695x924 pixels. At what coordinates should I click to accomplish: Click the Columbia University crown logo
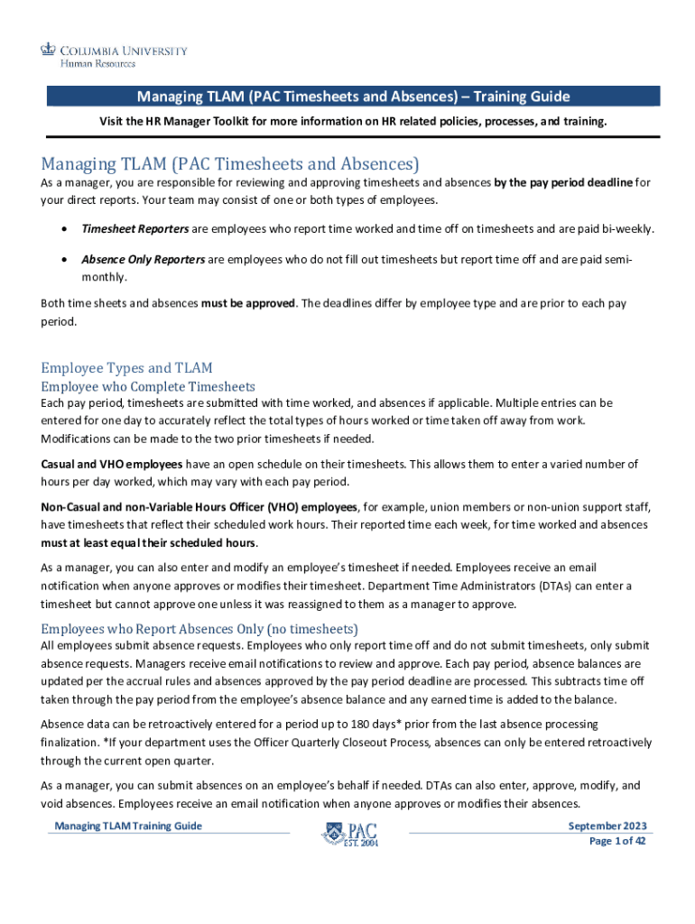coord(48,50)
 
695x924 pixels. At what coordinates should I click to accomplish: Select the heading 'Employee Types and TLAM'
coord(126,367)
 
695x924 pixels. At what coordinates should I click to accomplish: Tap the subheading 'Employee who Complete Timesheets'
coord(148,386)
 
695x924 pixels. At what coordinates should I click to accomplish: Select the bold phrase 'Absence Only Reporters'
coord(143,260)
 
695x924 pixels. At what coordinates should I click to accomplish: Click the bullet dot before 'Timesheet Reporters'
coord(62,229)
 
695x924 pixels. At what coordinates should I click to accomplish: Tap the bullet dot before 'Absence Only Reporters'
coord(62,260)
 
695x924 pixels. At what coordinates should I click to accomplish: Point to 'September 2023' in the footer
coord(607,827)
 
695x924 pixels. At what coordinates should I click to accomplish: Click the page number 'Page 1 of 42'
coord(617,841)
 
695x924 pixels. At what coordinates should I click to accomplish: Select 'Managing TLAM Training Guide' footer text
coord(128,827)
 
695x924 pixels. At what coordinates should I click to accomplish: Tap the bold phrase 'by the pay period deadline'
coord(563,183)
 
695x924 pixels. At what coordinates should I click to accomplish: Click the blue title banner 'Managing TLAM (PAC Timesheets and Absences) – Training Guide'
coord(353,97)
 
